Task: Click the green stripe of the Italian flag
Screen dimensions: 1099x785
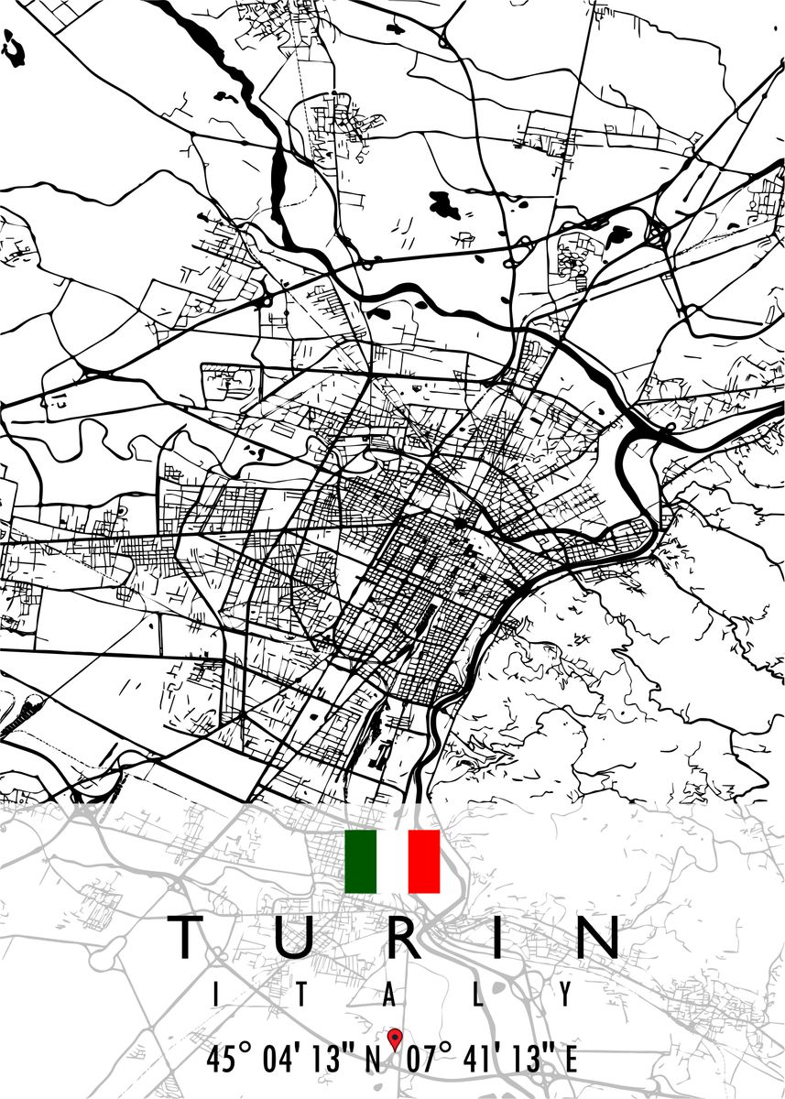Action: click(x=361, y=861)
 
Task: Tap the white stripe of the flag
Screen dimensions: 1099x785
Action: click(x=393, y=861)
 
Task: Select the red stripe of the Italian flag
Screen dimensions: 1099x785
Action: click(x=424, y=861)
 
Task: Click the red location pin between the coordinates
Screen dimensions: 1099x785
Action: click(x=395, y=1039)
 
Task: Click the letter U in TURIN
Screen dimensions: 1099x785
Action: click(x=292, y=938)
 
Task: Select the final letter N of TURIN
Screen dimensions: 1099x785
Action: click(x=594, y=937)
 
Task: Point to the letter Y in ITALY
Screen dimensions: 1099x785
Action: click(x=567, y=993)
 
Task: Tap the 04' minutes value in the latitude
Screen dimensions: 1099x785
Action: click(x=279, y=1060)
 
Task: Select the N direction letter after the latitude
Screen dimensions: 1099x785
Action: click(x=372, y=1061)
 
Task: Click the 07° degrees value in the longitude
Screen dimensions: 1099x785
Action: click(x=430, y=1060)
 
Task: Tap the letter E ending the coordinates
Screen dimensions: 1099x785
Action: click(x=570, y=1061)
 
